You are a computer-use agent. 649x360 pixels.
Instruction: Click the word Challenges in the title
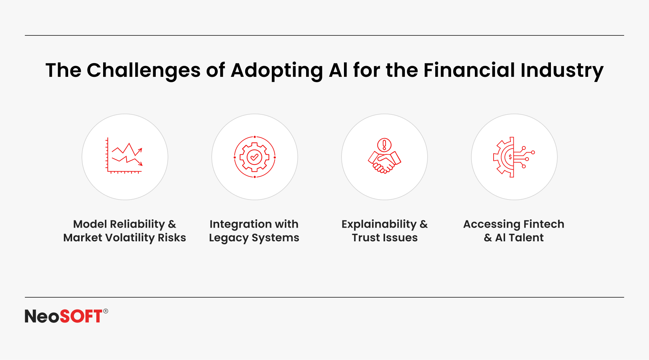[144, 71]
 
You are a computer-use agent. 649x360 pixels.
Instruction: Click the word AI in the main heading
[338, 70]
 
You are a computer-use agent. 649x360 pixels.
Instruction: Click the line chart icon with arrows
[124, 155]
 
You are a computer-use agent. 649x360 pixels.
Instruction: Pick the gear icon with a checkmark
[255, 157]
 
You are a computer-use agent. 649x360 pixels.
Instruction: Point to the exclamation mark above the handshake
[384, 145]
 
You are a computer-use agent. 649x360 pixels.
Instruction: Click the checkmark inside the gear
[255, 157]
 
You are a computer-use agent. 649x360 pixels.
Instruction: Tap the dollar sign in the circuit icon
[510, 157]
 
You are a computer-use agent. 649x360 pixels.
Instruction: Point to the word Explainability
[379, 224]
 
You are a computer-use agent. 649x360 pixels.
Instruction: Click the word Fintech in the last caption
[544, 224]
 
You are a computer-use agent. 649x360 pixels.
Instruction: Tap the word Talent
[526, 238]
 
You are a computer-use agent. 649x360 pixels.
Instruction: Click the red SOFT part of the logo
[81, 316]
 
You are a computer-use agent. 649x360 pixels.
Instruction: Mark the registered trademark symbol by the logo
[106, 311]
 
